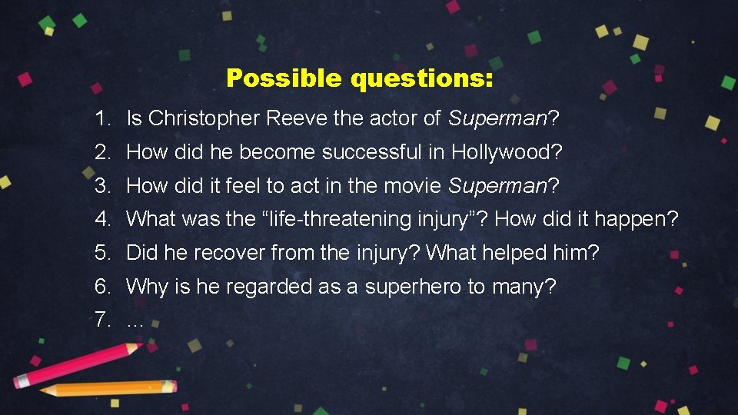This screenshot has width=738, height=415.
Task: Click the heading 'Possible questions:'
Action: (x=360, y=78)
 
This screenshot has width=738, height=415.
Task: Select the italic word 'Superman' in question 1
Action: (x=497, y=118)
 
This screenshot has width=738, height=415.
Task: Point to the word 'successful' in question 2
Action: (x=372, y=152)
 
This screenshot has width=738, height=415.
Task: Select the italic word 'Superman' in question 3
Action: (x=497, y=186)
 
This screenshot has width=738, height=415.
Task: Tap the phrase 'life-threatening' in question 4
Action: (x=338, y=220)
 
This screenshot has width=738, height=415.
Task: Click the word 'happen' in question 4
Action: (x=634, y=220)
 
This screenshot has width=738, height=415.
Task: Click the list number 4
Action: (x=102, y=220)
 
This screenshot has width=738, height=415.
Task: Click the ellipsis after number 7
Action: (x=135, y=323)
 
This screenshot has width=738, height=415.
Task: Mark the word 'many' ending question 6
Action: (x=516, y=287)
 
